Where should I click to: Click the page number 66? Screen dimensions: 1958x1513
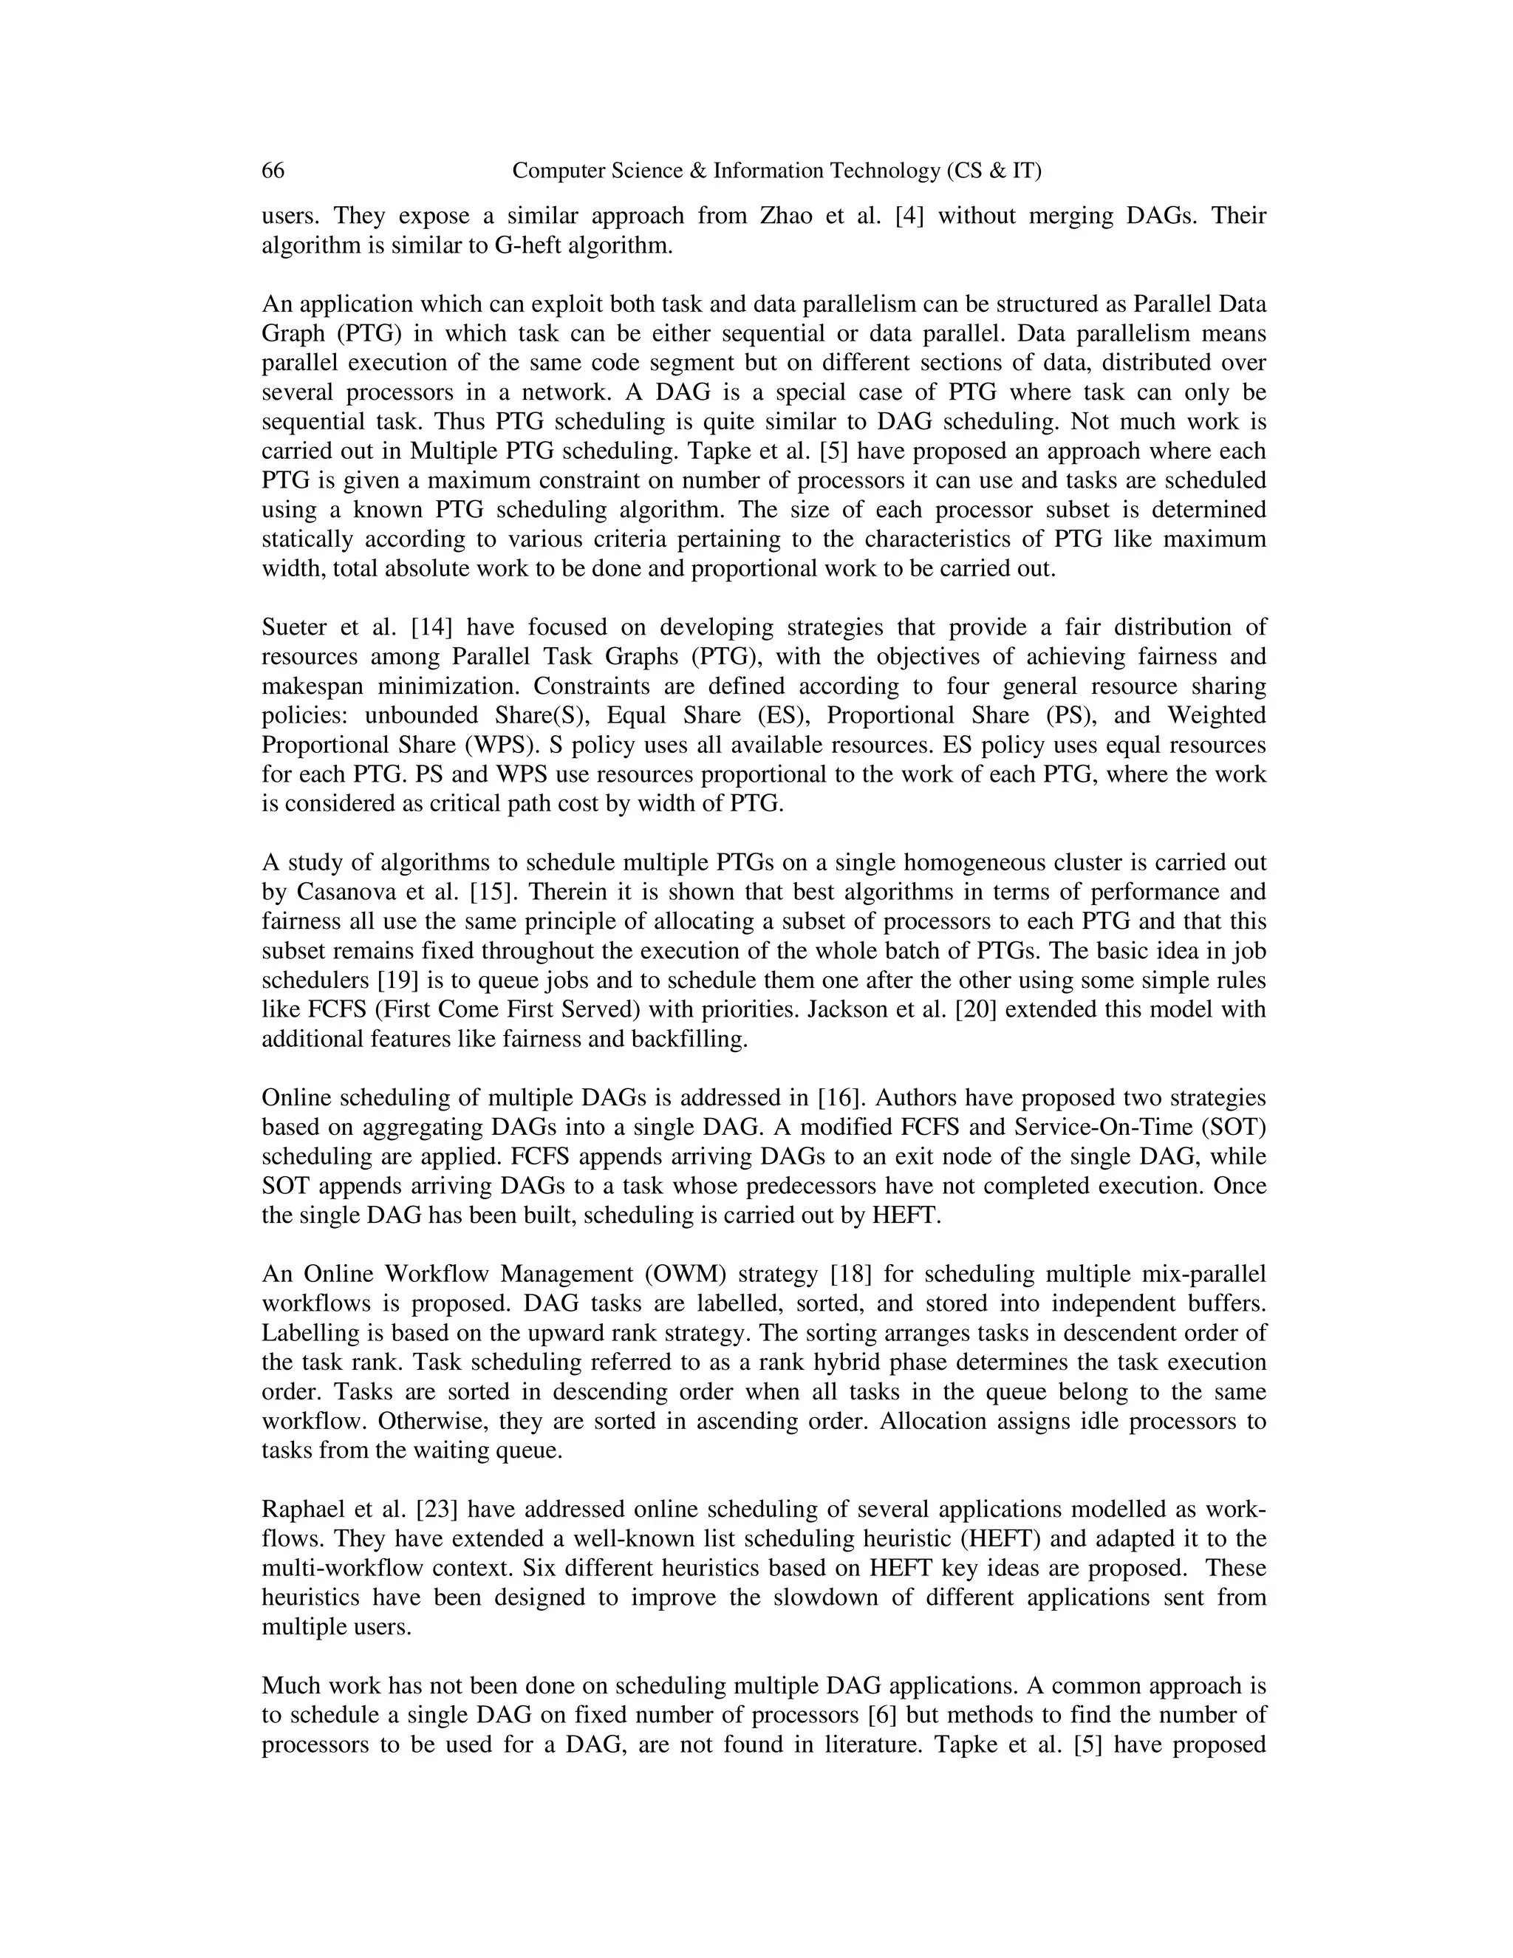[273, 171]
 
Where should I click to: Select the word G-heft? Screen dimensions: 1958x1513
[527, 245]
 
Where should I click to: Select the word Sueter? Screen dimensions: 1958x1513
[295, 627]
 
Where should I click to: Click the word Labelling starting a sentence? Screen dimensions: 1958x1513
[307, 1333]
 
